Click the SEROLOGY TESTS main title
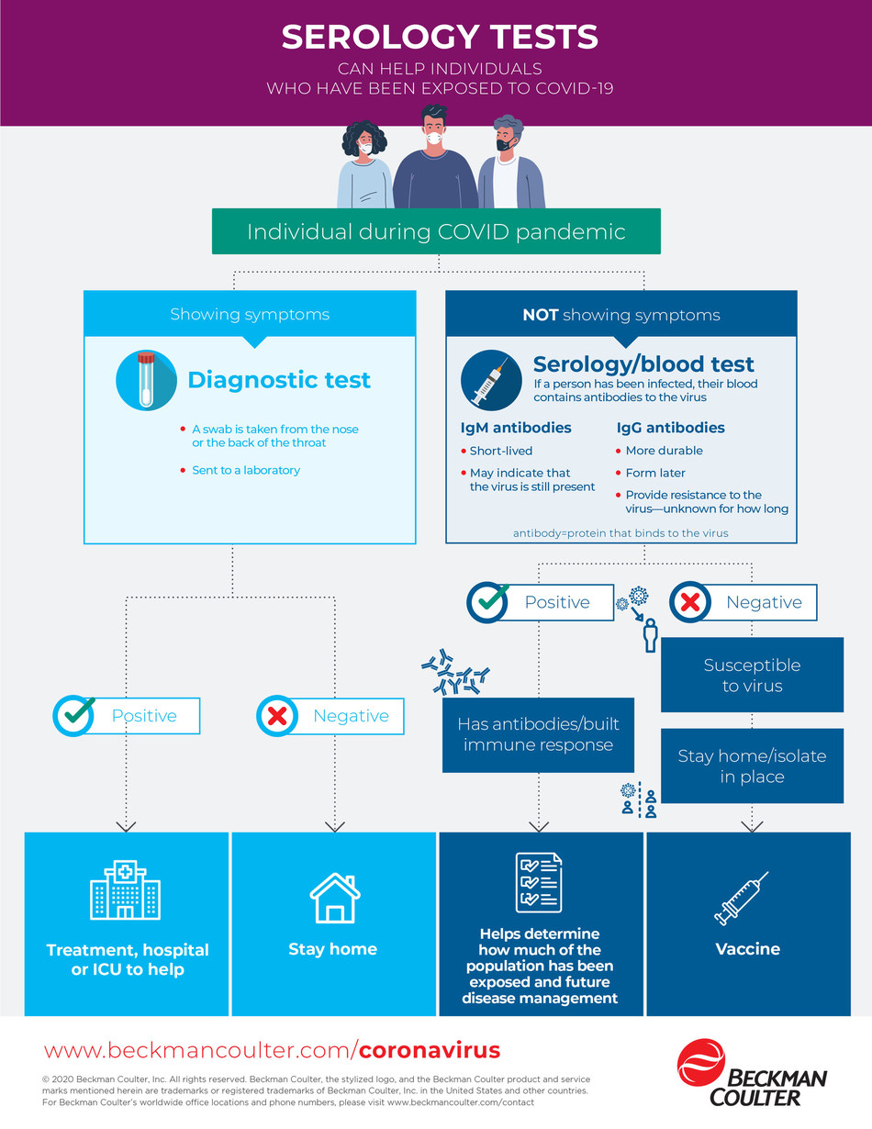coord(440,38)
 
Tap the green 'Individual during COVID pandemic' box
coord(436,230)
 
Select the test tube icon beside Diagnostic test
coord(146,380)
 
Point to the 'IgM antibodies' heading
coord(515,428)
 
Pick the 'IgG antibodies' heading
coord(670,428)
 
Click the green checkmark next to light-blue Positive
coord(74,716)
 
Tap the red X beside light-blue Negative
coord(277,716)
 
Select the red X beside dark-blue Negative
coord(690,603)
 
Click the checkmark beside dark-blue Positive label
coord(487,602)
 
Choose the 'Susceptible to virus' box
coord(752,675)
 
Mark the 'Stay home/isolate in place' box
coord(752,766)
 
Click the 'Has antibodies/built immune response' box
coord(538,734)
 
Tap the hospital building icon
coord(126,889)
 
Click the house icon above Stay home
coord(334,897)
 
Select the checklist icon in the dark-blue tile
coord(539,882)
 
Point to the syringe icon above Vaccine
coord(741,898)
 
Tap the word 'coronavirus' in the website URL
coord(430,1050)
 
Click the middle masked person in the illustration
coord(434,156)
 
